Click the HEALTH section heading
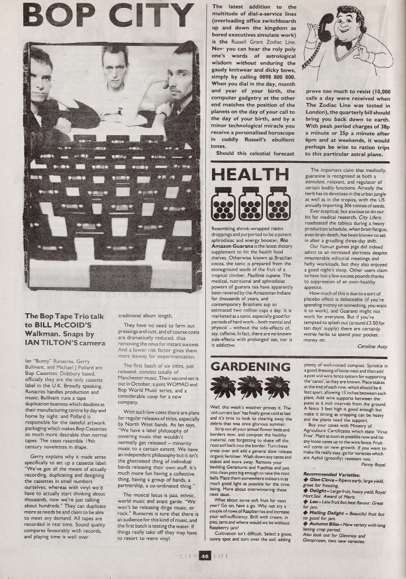pos(243,175)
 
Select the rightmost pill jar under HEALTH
pos(278,204)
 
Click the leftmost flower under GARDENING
pos(222,387)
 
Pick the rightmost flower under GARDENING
pos(277,387)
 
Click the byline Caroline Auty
pos(372,345)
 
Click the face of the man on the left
pos(40,79)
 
